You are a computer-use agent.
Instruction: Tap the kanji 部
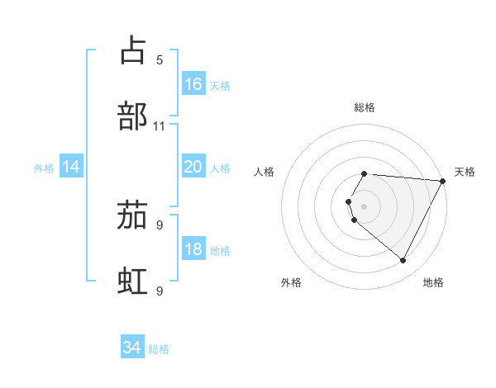point(133,116)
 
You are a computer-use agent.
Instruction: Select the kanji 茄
point(133,215)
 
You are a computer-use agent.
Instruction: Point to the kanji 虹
point(133,282)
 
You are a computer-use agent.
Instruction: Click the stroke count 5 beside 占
point(160,59)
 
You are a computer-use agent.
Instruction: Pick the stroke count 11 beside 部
point(160,126)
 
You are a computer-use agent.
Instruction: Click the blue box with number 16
point(193,84)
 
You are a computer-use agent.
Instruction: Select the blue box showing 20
point(193,167)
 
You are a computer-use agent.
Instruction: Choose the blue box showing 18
point(193,249)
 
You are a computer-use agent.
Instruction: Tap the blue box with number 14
point(71,167)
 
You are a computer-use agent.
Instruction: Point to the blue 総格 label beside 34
point(159,349)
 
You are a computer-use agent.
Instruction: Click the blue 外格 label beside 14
point(44,168)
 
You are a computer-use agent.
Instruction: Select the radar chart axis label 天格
point(465,172)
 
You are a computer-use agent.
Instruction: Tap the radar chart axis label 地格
point(433,282)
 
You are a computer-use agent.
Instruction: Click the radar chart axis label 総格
point(365,107)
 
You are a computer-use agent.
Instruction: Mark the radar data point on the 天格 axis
point(443,181)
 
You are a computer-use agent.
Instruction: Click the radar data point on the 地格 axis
point(403,261)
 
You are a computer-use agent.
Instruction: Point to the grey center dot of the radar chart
point(365,206)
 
